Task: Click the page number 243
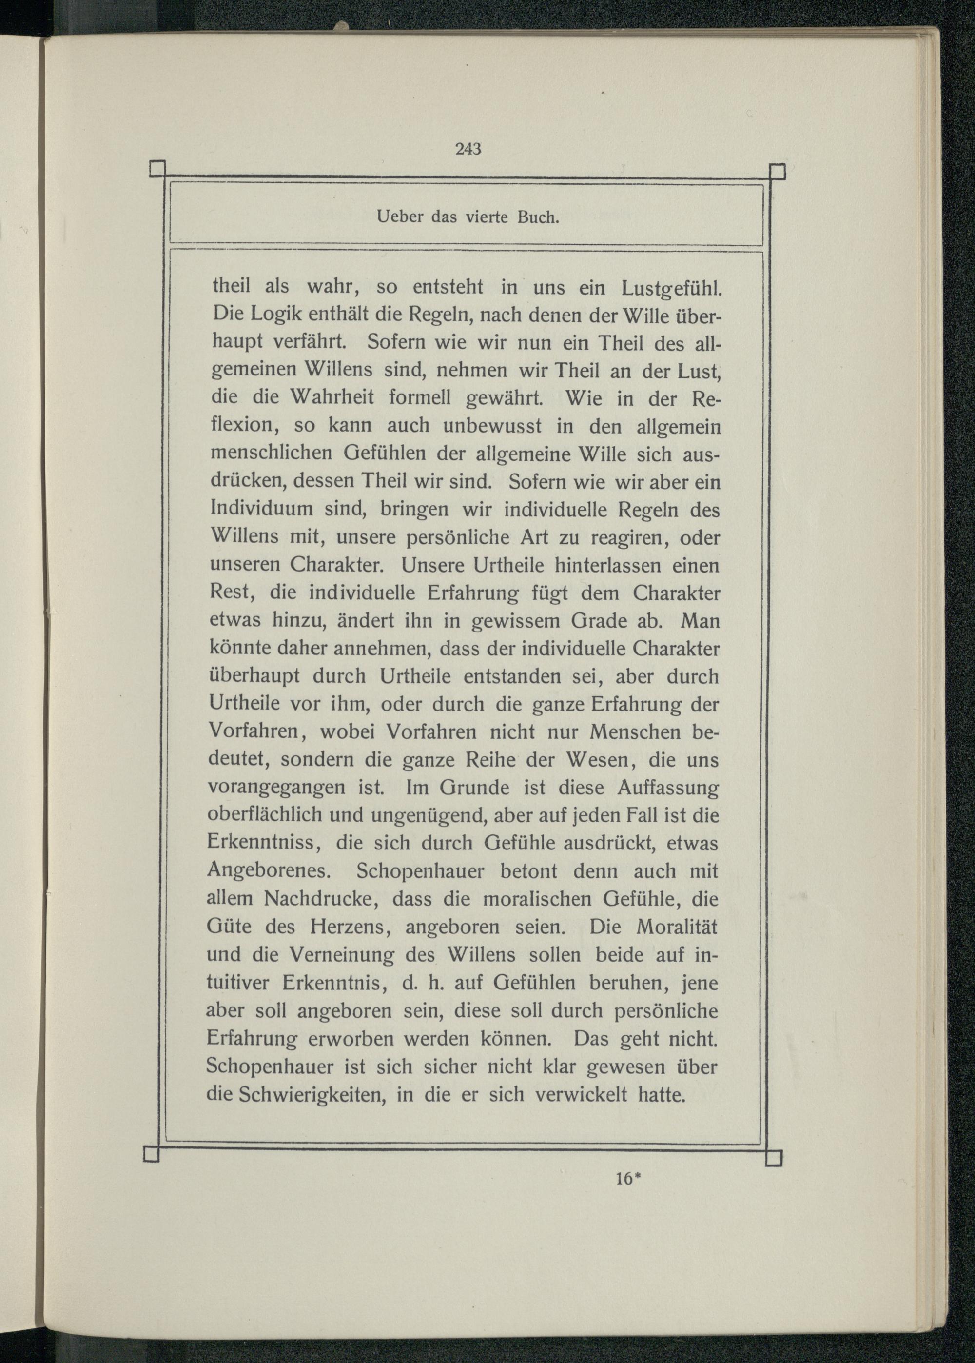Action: [468, 149]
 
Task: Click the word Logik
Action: [276, 315]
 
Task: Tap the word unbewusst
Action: [492, 426]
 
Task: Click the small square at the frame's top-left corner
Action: [158, 169]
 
